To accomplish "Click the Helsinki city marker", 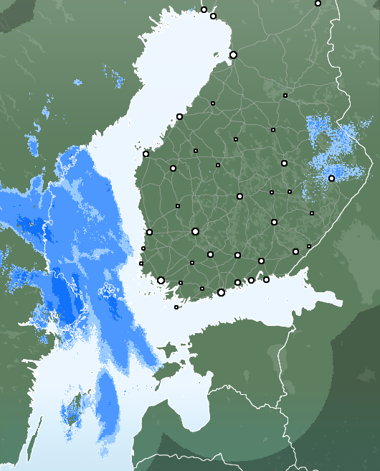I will [x=221, y=292].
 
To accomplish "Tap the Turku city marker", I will [x=161, y=281].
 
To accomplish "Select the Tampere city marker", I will [x=195, y=231].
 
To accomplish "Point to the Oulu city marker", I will [x=233, y=55].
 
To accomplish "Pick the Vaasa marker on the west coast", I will [x=146, y=154].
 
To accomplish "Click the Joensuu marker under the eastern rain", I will [x=331, y=178].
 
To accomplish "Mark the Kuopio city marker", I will [x=284, y=163].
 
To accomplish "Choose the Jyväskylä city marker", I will [x=239, y=196].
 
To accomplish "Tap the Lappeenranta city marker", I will [x=295, y=251].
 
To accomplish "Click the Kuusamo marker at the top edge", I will [x=318, y=4].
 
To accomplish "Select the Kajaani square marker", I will [x=285, y=95].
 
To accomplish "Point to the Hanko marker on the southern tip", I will [x=176, y=307].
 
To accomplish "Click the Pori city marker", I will [x=149, y=232].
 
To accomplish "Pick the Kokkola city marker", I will [x=179, y=116].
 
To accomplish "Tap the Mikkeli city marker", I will [x=274, y=222].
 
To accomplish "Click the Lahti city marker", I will [x=237, y=255].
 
